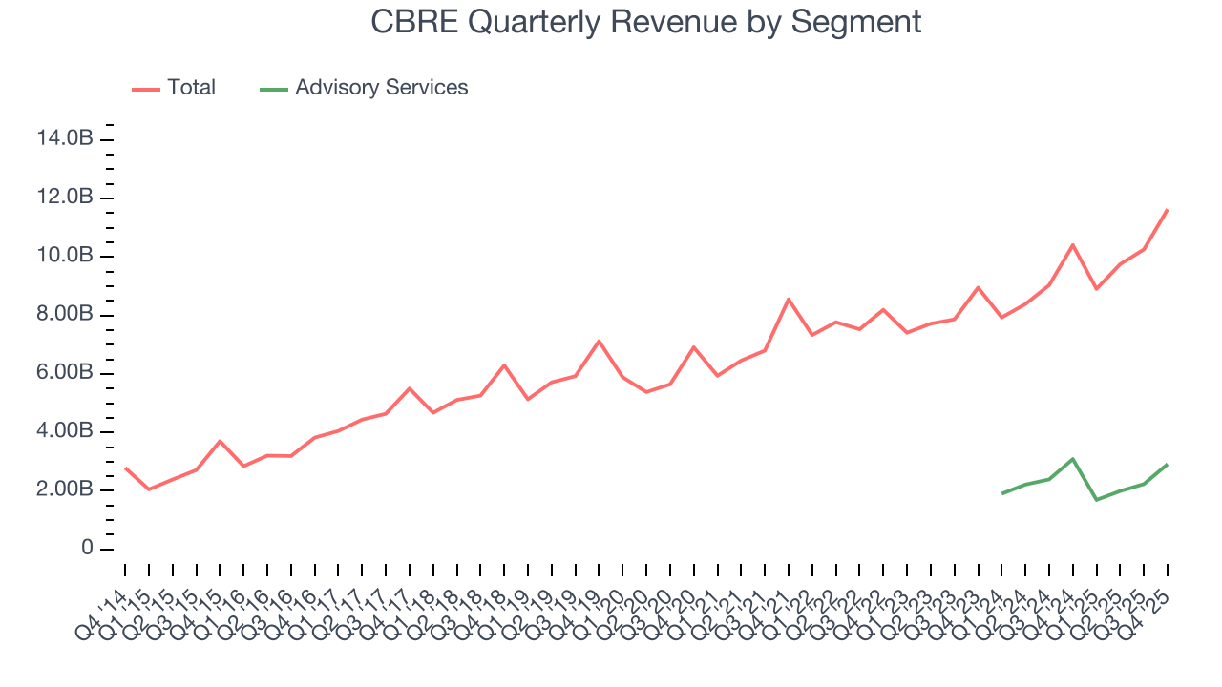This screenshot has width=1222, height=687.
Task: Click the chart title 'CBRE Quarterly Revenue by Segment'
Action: click(x=646, y=22)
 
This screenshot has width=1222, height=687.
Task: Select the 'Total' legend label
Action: click(x=191, y=88)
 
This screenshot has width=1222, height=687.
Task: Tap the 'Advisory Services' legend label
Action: click(x=381, y=88)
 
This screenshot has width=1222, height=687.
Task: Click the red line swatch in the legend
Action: click(x=145, y=89)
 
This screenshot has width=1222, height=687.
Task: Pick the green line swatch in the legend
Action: click(x=274, y=89)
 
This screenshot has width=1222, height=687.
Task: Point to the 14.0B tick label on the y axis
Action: click(x=64, y=139)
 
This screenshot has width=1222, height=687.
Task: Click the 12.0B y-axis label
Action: click(x=64, y=198)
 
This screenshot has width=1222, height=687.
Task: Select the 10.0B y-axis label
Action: click(x=64, y=256)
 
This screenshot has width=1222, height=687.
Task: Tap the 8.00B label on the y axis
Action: click(x=64, y=315)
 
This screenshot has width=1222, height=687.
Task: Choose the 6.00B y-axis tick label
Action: click(x=64, y=373)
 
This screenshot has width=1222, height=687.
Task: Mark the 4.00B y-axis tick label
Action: click(x=64, y=431)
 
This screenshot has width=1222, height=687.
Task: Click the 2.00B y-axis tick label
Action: click(x=64, y=490)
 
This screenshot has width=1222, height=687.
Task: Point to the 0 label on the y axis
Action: click(x=88, y=549)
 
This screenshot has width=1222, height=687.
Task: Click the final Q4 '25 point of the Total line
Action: click(x=1167, y=210)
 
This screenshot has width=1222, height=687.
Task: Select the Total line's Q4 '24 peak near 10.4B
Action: click(x=1073, y=245)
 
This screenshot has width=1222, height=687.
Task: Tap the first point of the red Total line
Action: click(x=126, y=468)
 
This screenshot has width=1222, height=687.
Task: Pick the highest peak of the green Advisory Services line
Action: click(x=1073, y=459)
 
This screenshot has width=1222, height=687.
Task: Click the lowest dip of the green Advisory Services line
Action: click(x=1096, y=500)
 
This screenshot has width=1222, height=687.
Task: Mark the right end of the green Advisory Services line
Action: click(x=1167, y=465)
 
